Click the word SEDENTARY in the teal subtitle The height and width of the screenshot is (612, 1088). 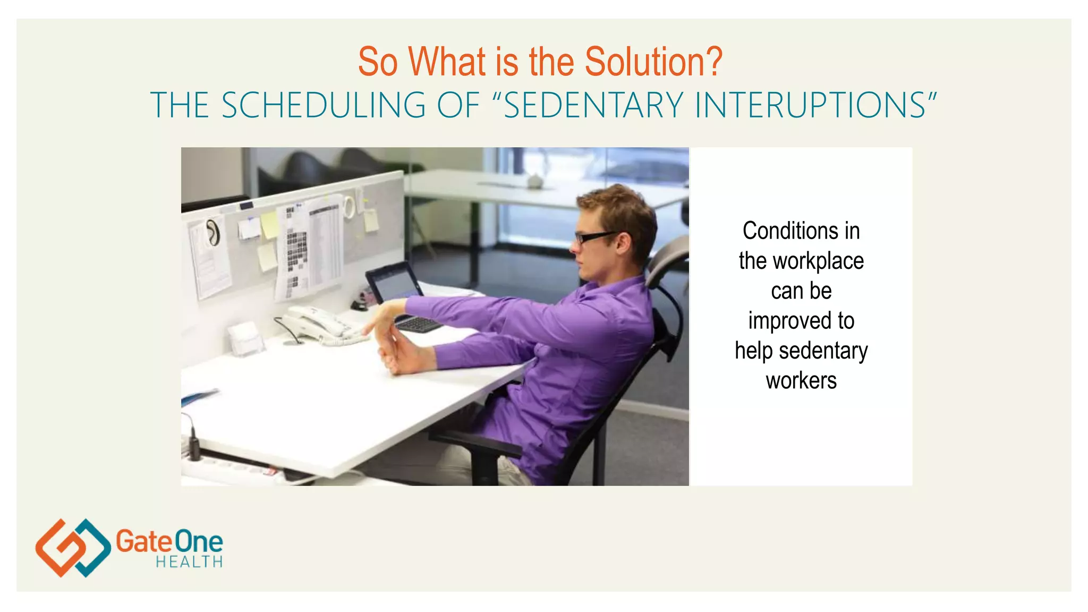coord(593,105)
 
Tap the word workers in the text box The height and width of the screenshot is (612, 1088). coord(801,381)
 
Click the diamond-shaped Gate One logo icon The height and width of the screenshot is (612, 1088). coord(73,548)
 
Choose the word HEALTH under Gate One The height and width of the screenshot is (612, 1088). coord(189,562)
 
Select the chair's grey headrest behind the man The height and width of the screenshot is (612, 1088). coord(668,260)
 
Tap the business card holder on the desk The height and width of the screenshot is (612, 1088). coord(245,338)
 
